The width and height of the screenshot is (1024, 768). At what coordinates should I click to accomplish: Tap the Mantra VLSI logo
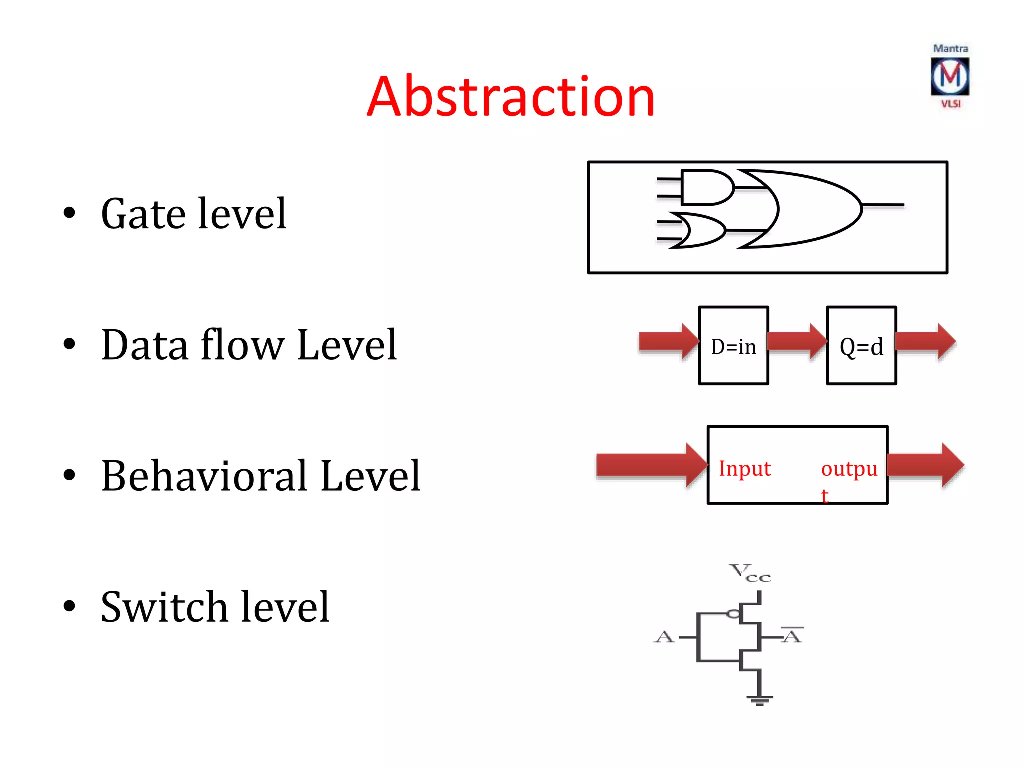click(x=950, y=76)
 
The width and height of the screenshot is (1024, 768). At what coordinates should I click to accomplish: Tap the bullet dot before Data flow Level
click(x=69, y=344)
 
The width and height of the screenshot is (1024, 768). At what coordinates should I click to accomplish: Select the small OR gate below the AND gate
click(x=697, y=230)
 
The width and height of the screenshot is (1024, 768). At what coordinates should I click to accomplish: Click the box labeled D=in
click(x=733, y=346)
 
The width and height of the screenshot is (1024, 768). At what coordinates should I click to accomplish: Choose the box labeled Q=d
click(x=861, y=346)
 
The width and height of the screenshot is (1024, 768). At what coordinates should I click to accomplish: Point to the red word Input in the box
click(x=744, y=469)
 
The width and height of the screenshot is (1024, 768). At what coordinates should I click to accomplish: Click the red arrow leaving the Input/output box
click(x=925, y=465)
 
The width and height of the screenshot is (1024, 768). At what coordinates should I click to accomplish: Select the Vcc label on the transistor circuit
click(x=750, y=573)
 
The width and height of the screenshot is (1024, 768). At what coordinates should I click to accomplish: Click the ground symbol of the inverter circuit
click(x=759, y=699)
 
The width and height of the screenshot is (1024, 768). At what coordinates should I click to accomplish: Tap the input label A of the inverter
click(x=664, y=637)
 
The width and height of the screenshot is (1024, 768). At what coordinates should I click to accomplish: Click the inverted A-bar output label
click(x=792, y=636)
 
